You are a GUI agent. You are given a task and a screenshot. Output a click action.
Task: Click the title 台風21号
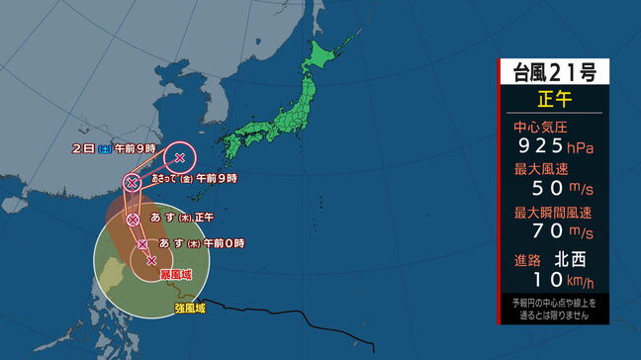(x=553, y=71)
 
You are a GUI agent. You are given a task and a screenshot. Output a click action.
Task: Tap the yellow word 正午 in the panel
(x=553, y=99)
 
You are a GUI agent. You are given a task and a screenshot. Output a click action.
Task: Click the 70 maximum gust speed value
(x=546, y=231)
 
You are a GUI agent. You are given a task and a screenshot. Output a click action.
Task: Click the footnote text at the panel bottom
(x=553, y=308)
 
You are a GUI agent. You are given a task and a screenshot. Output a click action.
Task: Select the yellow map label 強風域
(x=190, y=309)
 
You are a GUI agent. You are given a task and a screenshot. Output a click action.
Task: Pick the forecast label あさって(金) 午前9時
(x=194, y=179)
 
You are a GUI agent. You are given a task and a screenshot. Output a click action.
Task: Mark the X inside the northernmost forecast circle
(x=180, y=156)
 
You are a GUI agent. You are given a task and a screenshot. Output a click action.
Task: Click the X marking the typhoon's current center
(x=151, y=261)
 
